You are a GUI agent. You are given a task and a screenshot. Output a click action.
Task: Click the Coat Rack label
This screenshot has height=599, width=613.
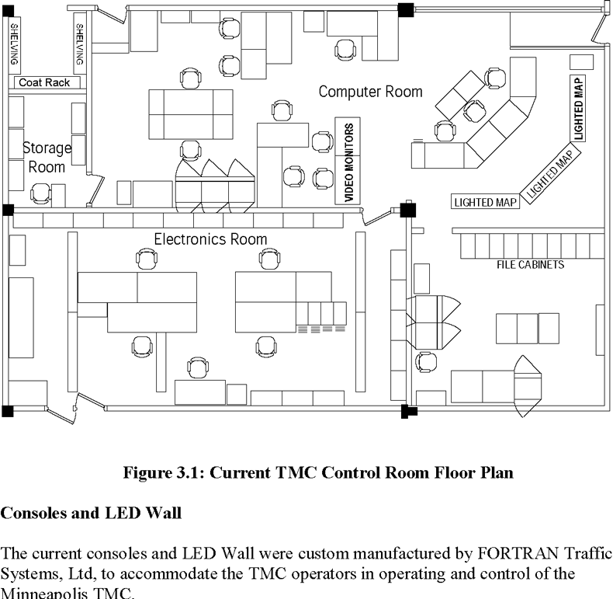pos(44,82)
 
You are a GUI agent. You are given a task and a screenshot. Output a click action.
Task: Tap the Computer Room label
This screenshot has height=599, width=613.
pos(371,92)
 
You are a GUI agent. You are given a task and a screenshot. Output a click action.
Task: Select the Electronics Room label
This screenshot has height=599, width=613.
pos(210,239)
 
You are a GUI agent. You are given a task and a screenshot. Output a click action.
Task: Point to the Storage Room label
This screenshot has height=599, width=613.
pos(47,158)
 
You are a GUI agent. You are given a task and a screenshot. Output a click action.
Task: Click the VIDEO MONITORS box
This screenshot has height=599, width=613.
pos(348,161)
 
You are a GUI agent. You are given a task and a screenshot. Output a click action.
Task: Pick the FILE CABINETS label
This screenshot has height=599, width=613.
pos(531,265)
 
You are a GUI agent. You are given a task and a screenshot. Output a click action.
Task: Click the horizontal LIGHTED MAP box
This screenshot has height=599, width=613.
pos(485,202)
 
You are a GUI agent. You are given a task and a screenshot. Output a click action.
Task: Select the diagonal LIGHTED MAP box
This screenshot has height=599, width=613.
pos(550,172)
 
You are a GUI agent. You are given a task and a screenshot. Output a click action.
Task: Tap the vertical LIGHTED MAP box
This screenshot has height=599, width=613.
pos(578,109)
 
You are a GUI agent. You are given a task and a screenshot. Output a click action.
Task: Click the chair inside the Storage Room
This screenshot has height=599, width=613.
pos(40,193)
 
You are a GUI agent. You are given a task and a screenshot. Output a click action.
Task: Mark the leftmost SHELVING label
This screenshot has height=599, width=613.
pos(14,44)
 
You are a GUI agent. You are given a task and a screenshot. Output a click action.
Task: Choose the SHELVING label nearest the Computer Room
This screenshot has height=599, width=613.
pos(79,44)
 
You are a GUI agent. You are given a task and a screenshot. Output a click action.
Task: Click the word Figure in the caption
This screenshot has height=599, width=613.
pos(147,472)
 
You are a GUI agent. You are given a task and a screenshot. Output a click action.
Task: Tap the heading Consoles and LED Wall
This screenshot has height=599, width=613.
pos(91,513)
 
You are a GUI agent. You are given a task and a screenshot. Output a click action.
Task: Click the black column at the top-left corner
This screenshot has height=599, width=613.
pos(9,11)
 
